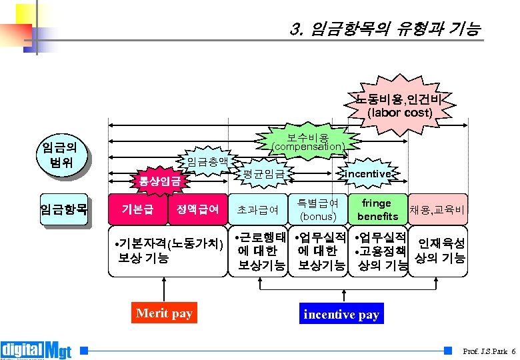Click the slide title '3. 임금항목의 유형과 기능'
[x=385, y=29]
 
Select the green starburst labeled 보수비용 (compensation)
[x=308, y=141]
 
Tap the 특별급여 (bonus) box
[x=317, y=209]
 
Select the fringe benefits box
[x=377, y=209]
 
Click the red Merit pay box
[x=164, y=313]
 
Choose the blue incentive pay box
[x=341, y=314]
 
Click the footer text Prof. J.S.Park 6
[x=489, y=351]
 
